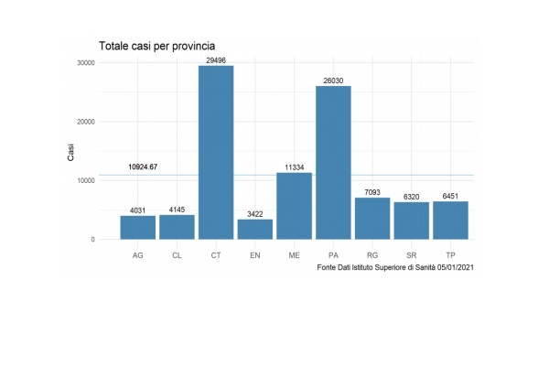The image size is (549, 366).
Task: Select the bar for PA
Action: click(333, 163)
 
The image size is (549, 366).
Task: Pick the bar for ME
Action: click(294, 206)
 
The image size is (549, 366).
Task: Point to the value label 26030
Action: click(333, 80)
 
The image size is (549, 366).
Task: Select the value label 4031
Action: click(137, 210)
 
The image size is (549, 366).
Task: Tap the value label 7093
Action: click(372, 191)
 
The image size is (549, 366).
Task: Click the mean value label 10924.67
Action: click(143, 167)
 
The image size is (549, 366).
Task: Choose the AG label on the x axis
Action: click(137, 255)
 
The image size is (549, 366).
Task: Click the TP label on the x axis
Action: click(450, 255)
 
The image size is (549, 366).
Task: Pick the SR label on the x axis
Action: click(411, 255)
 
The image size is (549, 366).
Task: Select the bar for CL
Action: click(177, 227)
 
